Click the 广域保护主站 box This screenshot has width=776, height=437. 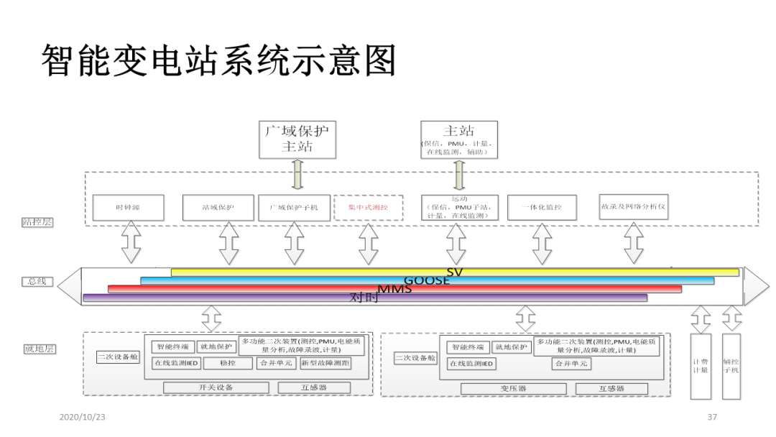(297, 139)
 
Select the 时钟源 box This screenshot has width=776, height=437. (128, 208)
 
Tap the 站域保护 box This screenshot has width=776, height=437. (218, 208)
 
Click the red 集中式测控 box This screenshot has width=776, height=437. (368, 208)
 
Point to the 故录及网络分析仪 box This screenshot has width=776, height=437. (633, 206)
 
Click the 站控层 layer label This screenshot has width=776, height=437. (37, 223)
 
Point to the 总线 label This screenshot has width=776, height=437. (37, 282)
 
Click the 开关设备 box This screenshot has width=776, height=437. (216, 387)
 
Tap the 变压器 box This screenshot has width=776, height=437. (513, 388)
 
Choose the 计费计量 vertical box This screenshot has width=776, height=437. (700, 366)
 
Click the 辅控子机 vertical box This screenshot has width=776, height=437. (731, 366)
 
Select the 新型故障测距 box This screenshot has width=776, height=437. (325, 364)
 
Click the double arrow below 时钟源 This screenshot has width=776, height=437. (131, 243)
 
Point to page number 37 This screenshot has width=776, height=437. (712, 417)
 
